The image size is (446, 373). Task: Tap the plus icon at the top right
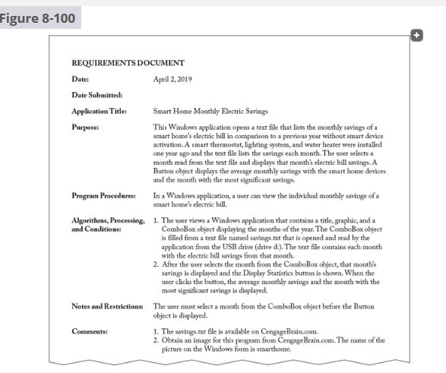416,35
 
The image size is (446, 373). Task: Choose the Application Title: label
99,111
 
